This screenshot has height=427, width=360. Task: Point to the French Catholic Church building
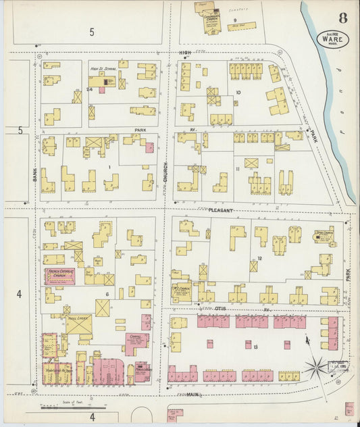pyautogui.click(x=59, y=276)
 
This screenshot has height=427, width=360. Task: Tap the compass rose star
pyautogui.click(x=314, y=368)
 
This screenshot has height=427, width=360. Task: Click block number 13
pyautogui.click(x=256, y=347)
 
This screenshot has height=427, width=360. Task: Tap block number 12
pyautogui.click(x=259, y=259)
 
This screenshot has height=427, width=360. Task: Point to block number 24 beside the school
pyautogui.click(x=89, y=89)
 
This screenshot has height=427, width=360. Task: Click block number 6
pyautogui.click(x=107, y=295)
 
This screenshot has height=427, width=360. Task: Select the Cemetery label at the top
pyautogui.click(x=236, y=9)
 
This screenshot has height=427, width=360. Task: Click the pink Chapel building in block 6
pyautogui.click(x=136, y=342)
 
